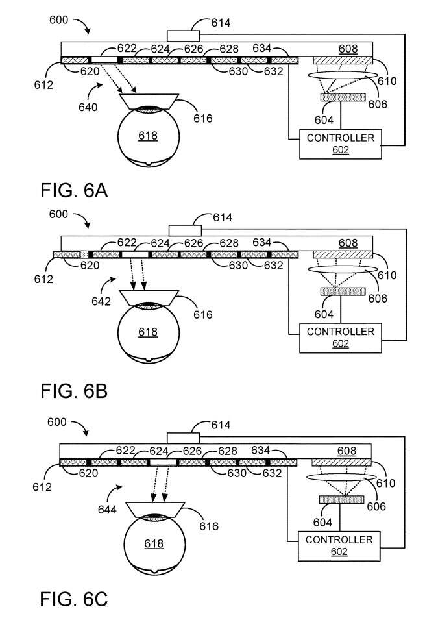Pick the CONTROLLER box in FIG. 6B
(x=341, y=337)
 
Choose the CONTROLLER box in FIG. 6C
(x=339, y=545)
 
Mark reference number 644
(x=107, y=510)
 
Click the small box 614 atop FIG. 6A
(x=184, y=36)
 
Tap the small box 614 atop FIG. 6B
(x=185, y=230)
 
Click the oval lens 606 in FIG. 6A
(x=343, y=76)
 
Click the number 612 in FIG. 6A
(x=44, y=84)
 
